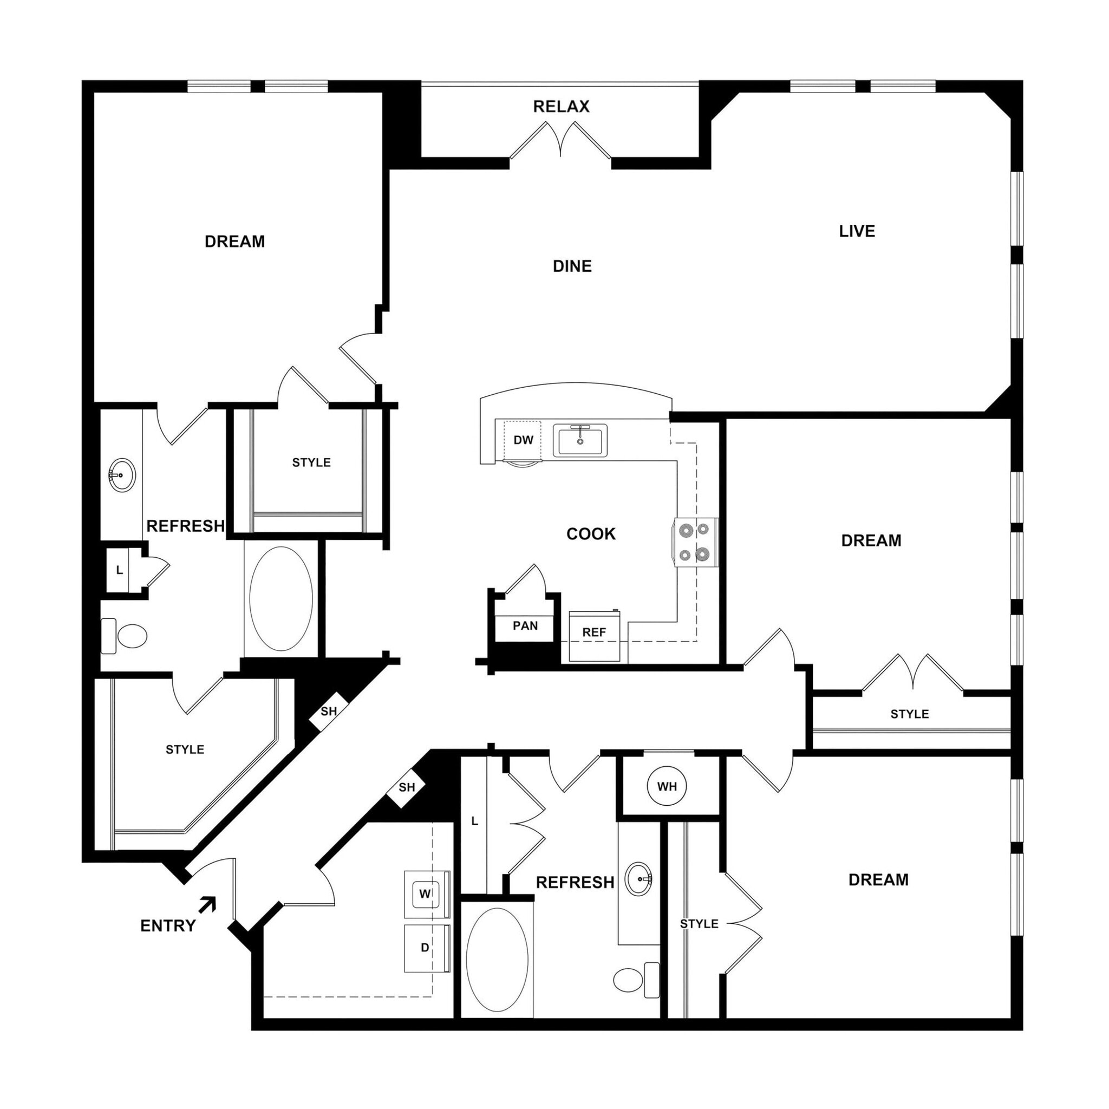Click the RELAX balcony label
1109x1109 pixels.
pyautogui.click(x=561, y=107)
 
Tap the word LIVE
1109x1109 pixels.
pyautogui.click(x=857, y=231)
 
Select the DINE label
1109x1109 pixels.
pyautogui.click(x=572, y=266)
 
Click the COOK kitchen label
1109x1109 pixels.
pyautogui.click(x=591, y=534)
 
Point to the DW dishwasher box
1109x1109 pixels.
pyautogui.click(x=523, y=440)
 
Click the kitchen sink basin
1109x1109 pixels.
pyautogui.click(x=580, y=440)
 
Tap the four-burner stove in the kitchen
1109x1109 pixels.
pyautogui.click(x=695, y=543)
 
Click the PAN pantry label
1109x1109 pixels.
pyautogui.click(x=525, y=625)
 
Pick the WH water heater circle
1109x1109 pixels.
pyautogui.click(x=667, y=786)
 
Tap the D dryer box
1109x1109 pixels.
pyautogui.click(x=425, y=948)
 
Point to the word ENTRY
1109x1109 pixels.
pyautogui.click(x=168, y=925)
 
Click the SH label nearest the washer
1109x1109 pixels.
pyautogui.click(x=407, y=787)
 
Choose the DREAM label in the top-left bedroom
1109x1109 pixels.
pyautogui.click(x=235, y=242)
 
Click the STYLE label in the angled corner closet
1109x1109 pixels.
pyautogui.click(x=185, y=749)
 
